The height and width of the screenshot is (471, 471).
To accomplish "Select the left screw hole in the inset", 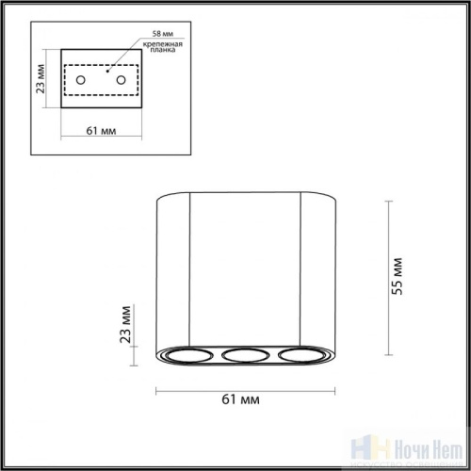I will click(x=81, y=79).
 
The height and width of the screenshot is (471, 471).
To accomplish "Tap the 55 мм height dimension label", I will click(x=399, y=275).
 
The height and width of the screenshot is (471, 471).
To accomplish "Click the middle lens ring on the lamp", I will click(x=245, y=356).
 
